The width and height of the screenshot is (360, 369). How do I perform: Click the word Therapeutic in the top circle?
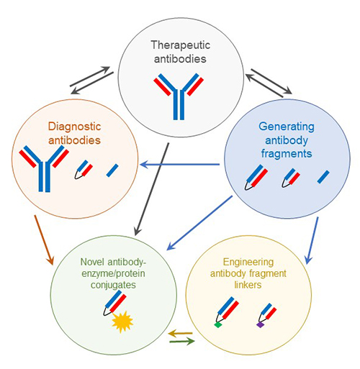[x=181, y=45]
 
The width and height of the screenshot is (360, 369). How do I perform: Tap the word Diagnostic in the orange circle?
[x=74, y=127]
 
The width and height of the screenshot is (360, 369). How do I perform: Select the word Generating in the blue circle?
[x=287, y=127]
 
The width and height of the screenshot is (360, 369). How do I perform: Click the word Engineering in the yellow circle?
[x=248, y=263]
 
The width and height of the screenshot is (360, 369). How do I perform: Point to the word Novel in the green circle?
[x=92, y=262]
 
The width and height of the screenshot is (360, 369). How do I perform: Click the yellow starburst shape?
[x=122, y=322]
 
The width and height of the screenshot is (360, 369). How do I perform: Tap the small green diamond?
[x=218, y=325]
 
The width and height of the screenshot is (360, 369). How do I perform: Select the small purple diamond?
[x=261, y=325]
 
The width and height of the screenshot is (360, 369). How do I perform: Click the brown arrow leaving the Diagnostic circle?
[x=44, y=240]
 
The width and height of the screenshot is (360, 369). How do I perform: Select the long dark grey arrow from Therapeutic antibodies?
[x=152, y=189]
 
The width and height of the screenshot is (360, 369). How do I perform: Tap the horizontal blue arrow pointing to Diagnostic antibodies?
[x=180, y=165]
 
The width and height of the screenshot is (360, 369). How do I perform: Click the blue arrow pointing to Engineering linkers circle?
[x=312, y=240]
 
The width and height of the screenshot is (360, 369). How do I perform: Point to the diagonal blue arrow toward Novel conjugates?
[x=199, y=223]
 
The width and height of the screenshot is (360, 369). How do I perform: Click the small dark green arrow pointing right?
[x=182, y=341]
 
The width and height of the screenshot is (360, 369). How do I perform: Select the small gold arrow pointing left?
[x=181, y=333]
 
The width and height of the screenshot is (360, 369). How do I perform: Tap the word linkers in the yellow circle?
[x=248, y=285]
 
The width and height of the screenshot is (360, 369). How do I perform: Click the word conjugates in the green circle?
[x=113, y=286]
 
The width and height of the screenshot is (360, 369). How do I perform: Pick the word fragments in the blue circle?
[x=287, y=154]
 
